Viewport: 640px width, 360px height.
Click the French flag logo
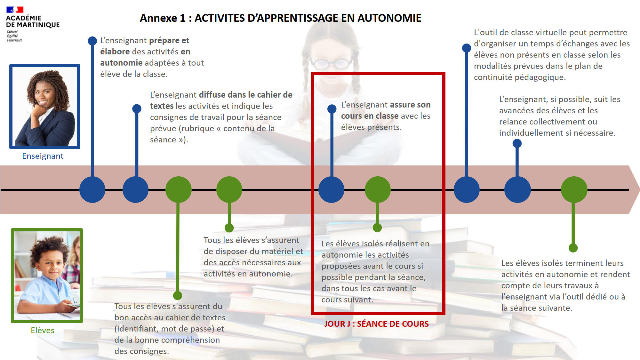tap(15, 10)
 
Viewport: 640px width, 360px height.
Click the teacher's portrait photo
tap(45, 107)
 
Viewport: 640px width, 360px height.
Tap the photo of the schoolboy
tap(47, 276)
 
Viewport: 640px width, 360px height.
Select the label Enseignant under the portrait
tap(43, 156)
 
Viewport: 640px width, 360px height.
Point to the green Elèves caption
tap(43, 330)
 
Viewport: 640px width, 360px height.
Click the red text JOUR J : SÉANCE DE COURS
tap(376, 324)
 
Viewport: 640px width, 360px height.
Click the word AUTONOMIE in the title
tap(389, 18)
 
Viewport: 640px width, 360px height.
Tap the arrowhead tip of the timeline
tap(639, 190)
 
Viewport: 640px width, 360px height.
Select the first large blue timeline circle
tap(92, 189)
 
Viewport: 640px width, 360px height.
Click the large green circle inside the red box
tap(378, 189)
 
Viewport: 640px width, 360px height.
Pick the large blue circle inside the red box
tap(332, 189)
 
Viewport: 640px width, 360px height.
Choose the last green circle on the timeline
tap(574, 189)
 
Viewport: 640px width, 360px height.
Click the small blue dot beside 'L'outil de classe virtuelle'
tap(467, 48)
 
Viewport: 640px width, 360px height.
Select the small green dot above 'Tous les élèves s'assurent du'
tap(178, 295)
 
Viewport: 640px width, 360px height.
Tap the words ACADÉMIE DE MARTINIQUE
tap(33, 21)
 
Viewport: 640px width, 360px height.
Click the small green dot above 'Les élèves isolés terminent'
tap(573, 248)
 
